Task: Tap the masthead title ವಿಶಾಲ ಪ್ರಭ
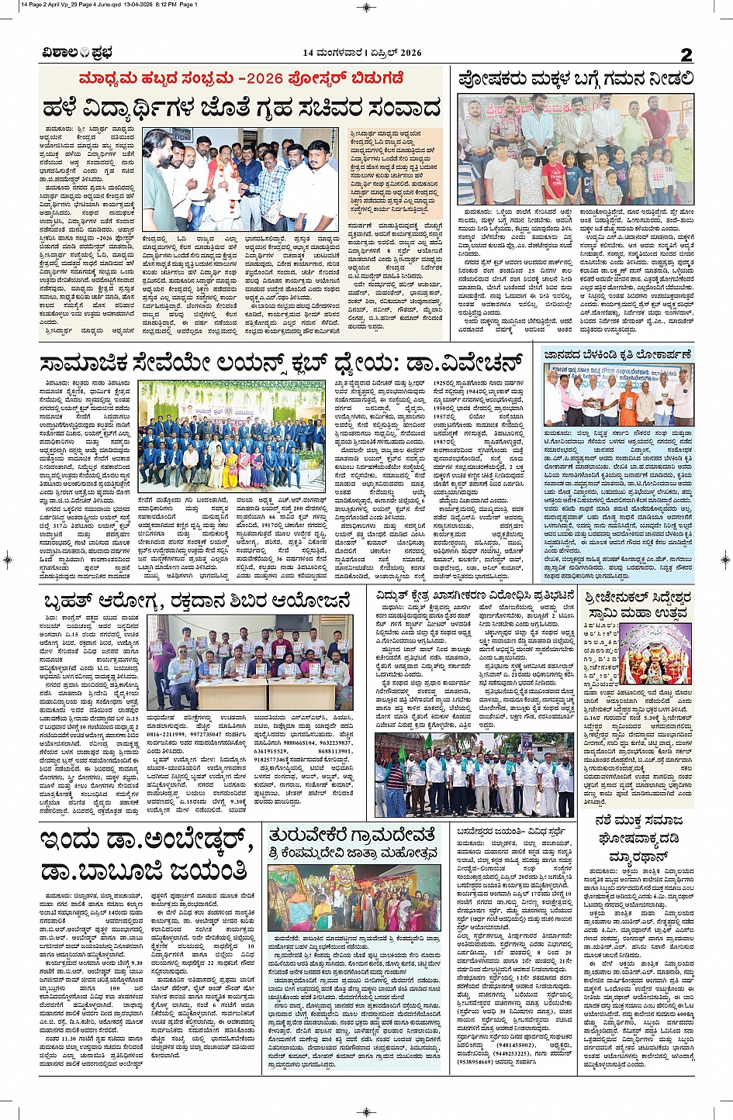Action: click(x=78, y=53)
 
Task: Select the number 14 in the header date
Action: click(x=308, y=53)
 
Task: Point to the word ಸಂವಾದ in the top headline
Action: click(x=396, y=108)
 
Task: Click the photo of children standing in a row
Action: click(x=575, y=149)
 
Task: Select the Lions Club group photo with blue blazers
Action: click(x=232, y=434)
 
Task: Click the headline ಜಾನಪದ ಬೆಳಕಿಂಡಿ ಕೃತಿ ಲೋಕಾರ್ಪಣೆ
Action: click(x=618, y=354)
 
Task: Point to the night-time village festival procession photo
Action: click(x=354, y=899)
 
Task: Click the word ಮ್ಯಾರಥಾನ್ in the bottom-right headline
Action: click(x=639, y=856)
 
